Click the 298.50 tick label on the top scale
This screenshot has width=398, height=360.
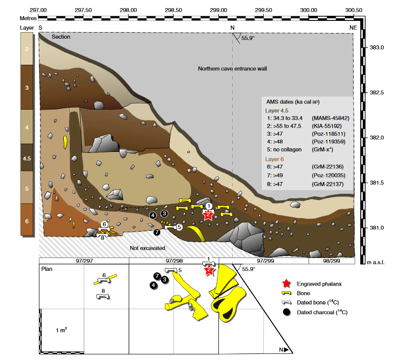(x=173, y=10)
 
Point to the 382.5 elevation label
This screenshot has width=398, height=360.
(x=377, y=92)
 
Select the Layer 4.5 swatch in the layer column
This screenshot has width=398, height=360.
(x=27, y=158)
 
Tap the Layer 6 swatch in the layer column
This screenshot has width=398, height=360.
(x=27, y=220)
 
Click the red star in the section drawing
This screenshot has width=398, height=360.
(x=208, y=215)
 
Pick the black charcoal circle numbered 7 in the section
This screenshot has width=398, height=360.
(x=157, y=232)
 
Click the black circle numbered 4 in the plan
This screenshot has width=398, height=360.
(x=153, y=286)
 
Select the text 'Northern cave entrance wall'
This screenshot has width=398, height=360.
(x=232, y=68)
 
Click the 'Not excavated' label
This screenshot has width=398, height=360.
(x=147, y=248)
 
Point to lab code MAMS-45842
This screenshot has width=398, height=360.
(x=331, y=118)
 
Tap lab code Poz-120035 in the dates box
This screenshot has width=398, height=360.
(x=329, y=175)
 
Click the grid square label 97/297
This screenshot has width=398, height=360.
(x=84, y=261)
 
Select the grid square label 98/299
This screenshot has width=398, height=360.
(x=331, y=261)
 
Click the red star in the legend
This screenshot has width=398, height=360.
(x=286, y=284)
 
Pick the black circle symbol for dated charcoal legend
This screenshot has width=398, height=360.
(x=287, y=312)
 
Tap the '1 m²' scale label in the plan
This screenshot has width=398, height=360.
(x=61, y=330)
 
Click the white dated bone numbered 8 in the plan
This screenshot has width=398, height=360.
(x=103, y=296)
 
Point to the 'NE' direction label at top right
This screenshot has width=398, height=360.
(x=353, y=28)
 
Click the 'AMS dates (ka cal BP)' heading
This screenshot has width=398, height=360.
(x=293, y=102)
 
